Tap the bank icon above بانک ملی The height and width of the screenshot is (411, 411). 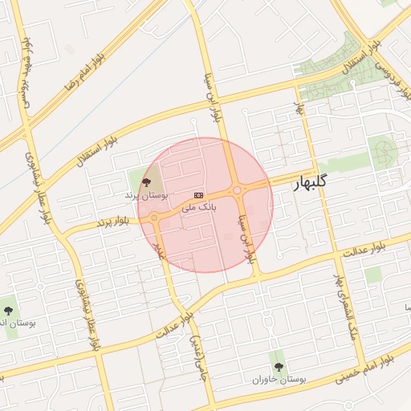point(198,195)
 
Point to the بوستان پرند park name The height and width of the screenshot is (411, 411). point(146,195)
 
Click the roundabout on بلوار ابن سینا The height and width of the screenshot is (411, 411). point(238,190)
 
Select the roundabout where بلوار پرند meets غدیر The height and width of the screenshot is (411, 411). point(154,217)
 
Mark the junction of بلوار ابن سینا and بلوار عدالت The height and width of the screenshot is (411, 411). point(258,277)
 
